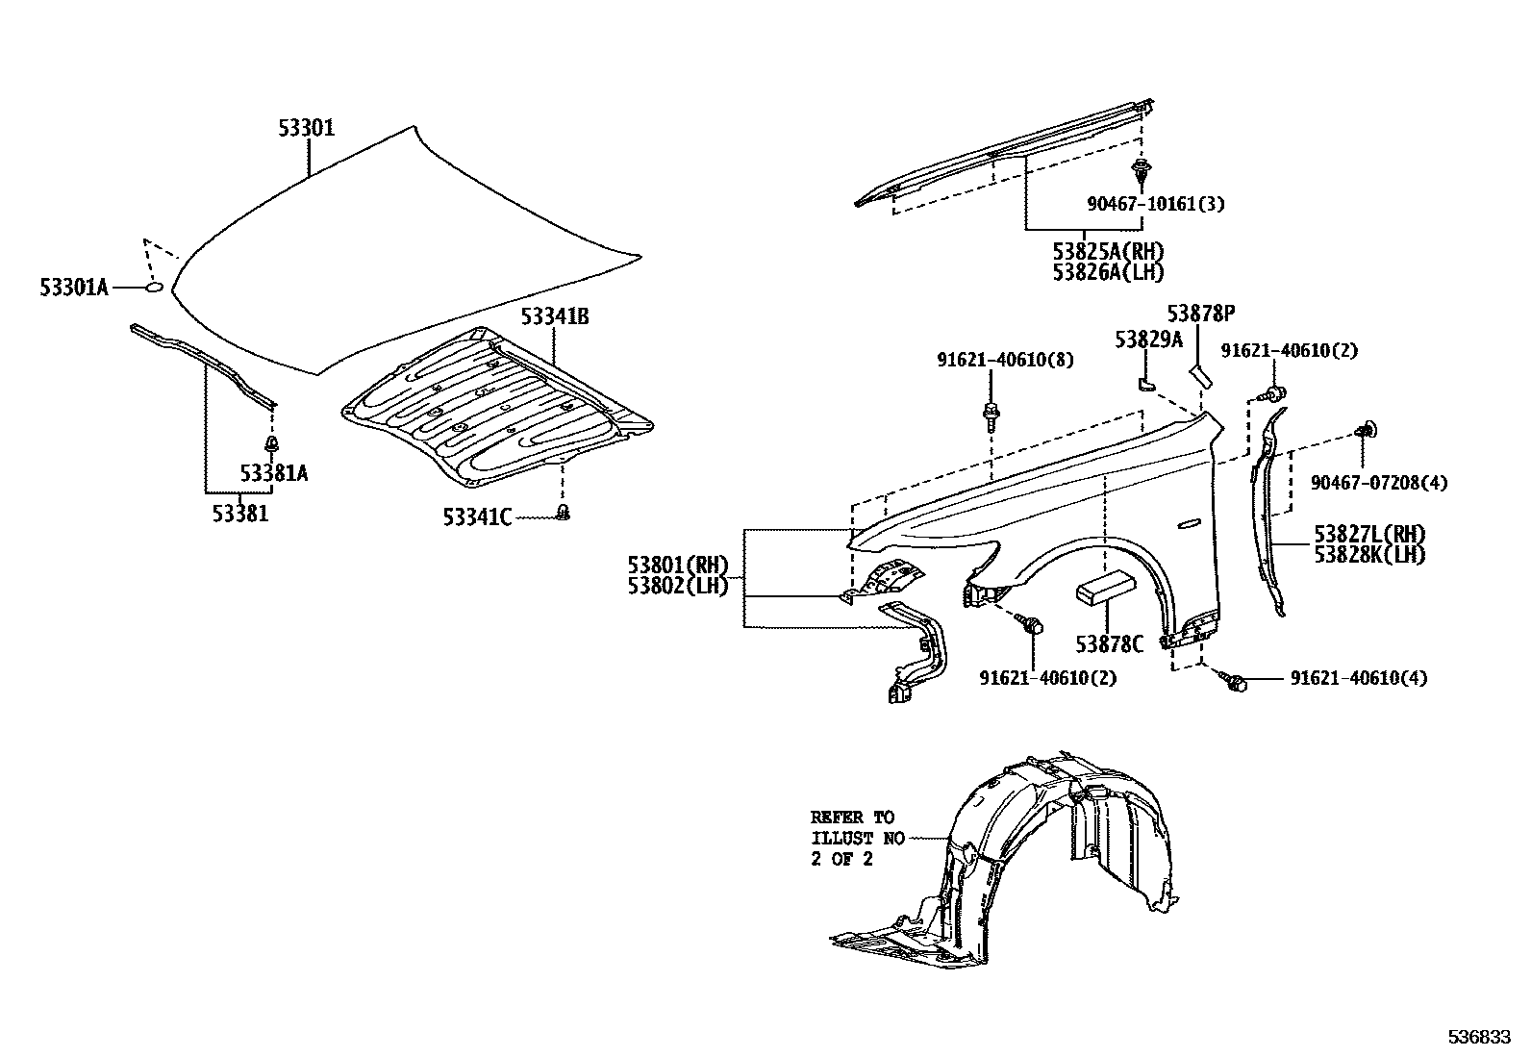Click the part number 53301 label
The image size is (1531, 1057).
click(307, 128)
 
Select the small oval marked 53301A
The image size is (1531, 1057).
click(154, 287)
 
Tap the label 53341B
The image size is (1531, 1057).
click(555, 316)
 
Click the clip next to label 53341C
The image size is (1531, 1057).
click(565, 514)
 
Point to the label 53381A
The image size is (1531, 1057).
click(274, 473)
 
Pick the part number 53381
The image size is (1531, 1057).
click(240, 514)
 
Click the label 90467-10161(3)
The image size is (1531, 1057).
click(1155, 204)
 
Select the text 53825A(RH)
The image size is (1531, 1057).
click(1107, 252)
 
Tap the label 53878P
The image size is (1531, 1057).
click(1200, 315)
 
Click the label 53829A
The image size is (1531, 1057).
click(1148, 339)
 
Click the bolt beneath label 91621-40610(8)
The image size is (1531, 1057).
click(991, 415)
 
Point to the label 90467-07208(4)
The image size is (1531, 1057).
click(1378, 482)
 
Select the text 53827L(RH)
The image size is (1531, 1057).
click(1369, 535)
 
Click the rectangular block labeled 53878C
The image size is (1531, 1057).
click(1106, 589)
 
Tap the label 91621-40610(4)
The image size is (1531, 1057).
click(1358, 678)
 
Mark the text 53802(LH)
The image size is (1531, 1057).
click(678, 585)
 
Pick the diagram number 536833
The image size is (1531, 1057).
click(1480, 1038)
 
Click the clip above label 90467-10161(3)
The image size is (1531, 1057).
click(1141, 175)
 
